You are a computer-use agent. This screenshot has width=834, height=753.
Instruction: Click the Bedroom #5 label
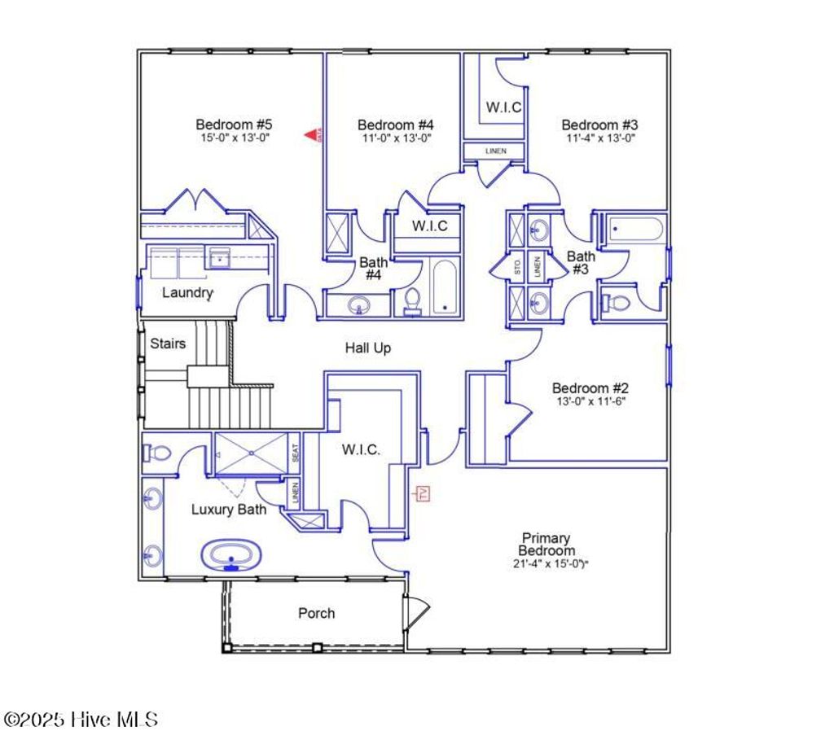[233, 125]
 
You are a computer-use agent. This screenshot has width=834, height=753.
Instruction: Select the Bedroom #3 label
[599, 125]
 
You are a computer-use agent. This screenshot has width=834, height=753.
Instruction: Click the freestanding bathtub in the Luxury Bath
[231, 557]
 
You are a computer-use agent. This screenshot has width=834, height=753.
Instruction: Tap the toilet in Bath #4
[412, 301]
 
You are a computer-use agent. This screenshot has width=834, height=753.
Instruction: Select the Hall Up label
[367, 348]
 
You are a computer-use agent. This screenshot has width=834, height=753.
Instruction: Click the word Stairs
[168, 344]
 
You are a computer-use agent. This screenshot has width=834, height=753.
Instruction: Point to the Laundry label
[187, 292]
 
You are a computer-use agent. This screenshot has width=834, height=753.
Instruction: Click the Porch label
[316, 613]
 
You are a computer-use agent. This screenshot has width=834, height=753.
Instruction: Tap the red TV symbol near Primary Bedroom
[422, 493]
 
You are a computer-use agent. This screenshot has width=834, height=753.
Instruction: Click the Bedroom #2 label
[590, 388]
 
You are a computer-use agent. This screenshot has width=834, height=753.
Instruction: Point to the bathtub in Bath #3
[634, 229]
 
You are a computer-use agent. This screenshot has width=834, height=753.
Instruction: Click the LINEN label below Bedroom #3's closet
[495, 151]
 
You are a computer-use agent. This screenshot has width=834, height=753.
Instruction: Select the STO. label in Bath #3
[517, 265]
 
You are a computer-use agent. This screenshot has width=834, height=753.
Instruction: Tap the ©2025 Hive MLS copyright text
[81, 720]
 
